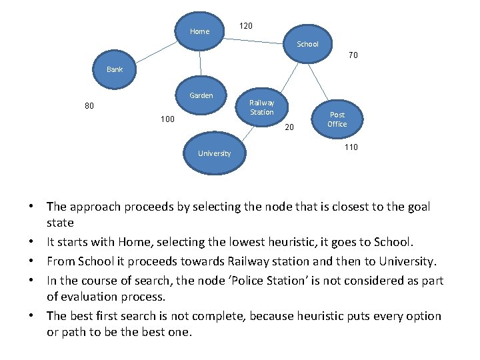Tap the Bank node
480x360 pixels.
(x=115, y=69)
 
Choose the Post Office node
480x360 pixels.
(x=337, y=119)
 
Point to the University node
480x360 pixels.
(x=214, y=153)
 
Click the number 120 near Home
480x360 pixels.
(x=245, y=26)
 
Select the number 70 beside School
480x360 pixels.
(x=353, y=55)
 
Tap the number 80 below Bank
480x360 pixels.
(x=89, y=105)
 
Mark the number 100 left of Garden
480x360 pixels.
(x=167, y=119)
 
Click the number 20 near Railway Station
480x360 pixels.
(x=289, y=127)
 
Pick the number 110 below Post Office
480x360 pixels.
(x=351, y=147)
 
